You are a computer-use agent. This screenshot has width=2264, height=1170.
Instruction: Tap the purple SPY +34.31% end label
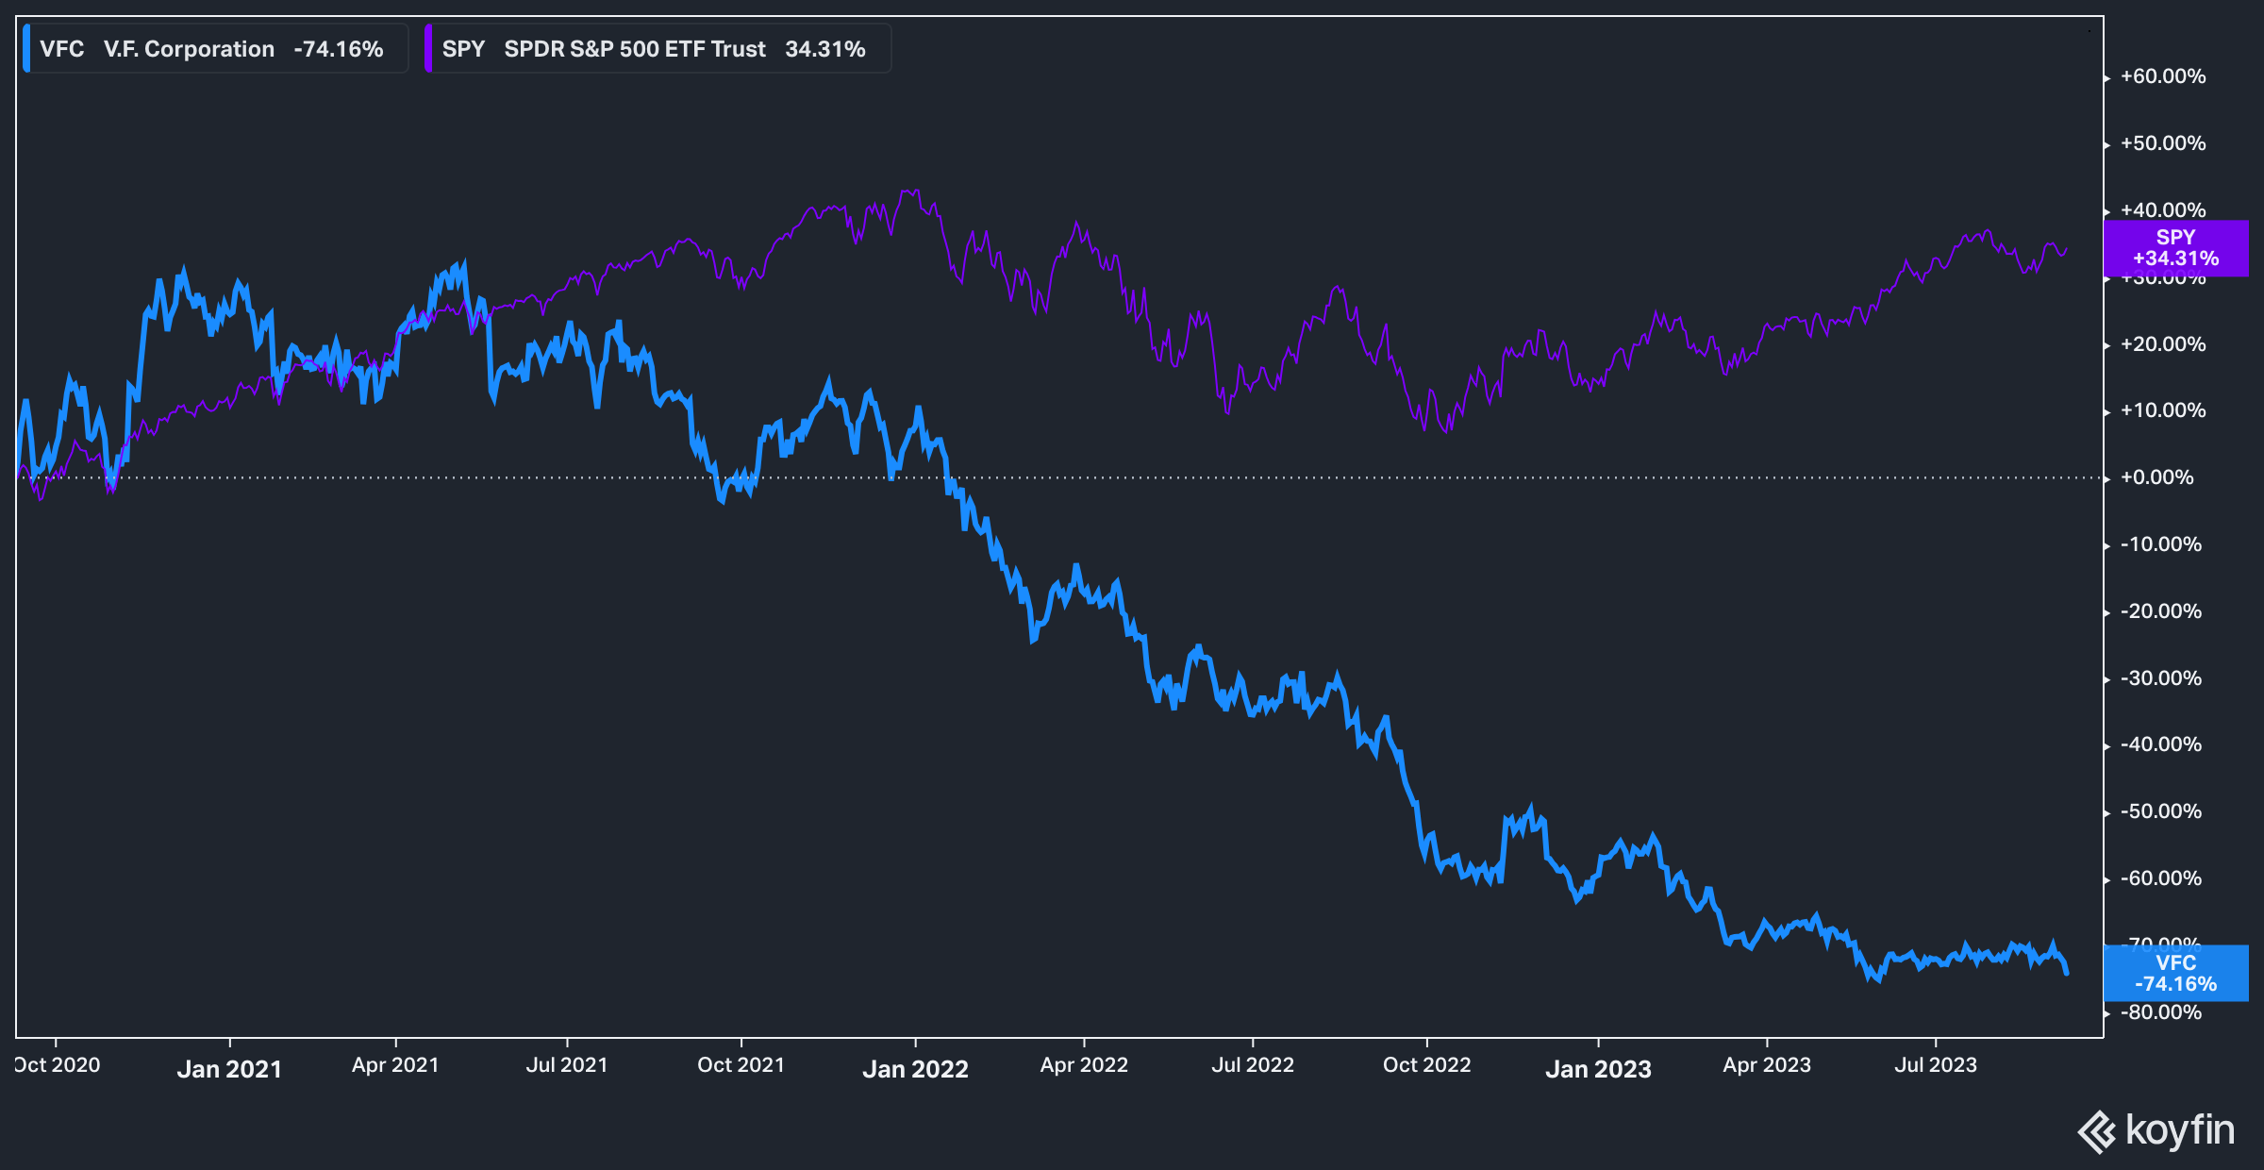pyautogui.click(x=2175, y=248)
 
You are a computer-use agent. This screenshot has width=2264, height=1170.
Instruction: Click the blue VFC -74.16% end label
pyautogui.click(x=2175, y=973)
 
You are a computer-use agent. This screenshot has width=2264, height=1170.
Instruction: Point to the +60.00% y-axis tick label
pyautogui.click(x=2162, y=76)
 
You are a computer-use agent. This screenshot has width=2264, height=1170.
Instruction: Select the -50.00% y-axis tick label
pyautogui.click(x=2160, y=811)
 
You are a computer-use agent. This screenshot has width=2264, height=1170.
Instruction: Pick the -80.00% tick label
pyautogui.click(x=2160, y=1012)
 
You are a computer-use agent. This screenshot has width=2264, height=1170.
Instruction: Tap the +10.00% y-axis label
pyautogui.click(x=2162, y=410)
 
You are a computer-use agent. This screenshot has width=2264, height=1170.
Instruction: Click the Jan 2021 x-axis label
pyautogui.click(x=229, y=1069)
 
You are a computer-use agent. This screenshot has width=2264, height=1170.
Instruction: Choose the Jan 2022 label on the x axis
pyautogui.click(x=915, y=1069)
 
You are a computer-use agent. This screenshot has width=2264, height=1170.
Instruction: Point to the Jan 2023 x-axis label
pyautogui.click(x=1598, y=1069)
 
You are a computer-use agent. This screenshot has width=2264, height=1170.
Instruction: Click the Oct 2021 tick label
pyautogui.click(x=741, y=1065)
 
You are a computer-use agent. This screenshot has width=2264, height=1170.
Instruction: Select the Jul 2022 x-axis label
pyautogui.click(x=1252, y=1065)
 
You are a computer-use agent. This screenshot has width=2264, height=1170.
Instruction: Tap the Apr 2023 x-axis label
pyautogui.click(x=1767, y=1065)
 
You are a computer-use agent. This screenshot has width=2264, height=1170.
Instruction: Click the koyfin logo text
pyautogui.click(x=2179, y=1130)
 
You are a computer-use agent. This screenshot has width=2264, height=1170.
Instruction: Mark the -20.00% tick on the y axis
pyautogui.click(x=2160, y=611)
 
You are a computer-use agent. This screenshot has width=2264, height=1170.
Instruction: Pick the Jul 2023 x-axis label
pyautogui.click(x=1936, y=1065)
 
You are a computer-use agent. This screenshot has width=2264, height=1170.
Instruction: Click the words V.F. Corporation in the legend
pyautogui.click(x=189, y=49)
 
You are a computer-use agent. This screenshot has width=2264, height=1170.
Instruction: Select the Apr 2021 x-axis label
pyautogui.click(x=395, y=1065)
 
